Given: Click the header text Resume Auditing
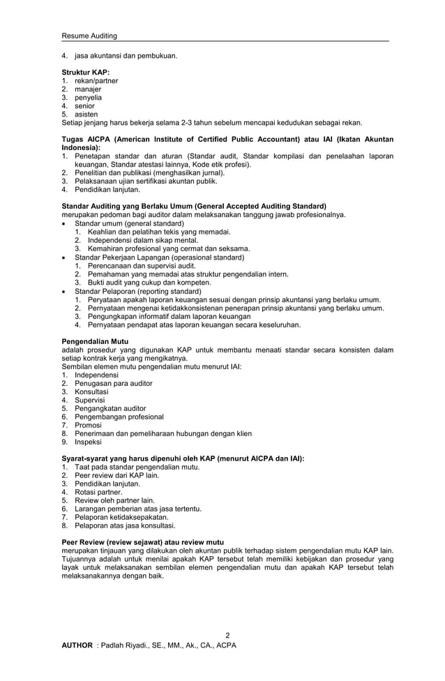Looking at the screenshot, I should [x=89, y=36].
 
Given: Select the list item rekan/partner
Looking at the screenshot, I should [x=96, y=81].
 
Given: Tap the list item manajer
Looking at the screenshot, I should [x=88, y=89].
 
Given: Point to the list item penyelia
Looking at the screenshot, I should [x=88, y=98].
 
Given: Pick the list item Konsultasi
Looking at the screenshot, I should [x=91, y=391].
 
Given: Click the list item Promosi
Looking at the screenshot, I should [x=88, y=425].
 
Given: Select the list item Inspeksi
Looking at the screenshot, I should [x=88, y=442].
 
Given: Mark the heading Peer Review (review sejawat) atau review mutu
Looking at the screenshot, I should [x=142, y=541].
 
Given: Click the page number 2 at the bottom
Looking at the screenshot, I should [x=227, y=635].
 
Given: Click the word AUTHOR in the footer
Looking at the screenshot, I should [x=77, y=645].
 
